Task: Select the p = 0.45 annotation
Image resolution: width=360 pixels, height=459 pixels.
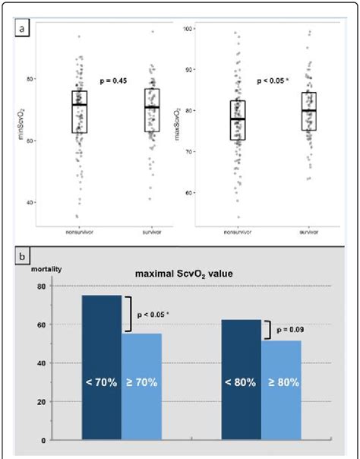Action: point(114,80)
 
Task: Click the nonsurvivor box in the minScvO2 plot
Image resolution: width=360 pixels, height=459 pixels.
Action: point(80,112)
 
